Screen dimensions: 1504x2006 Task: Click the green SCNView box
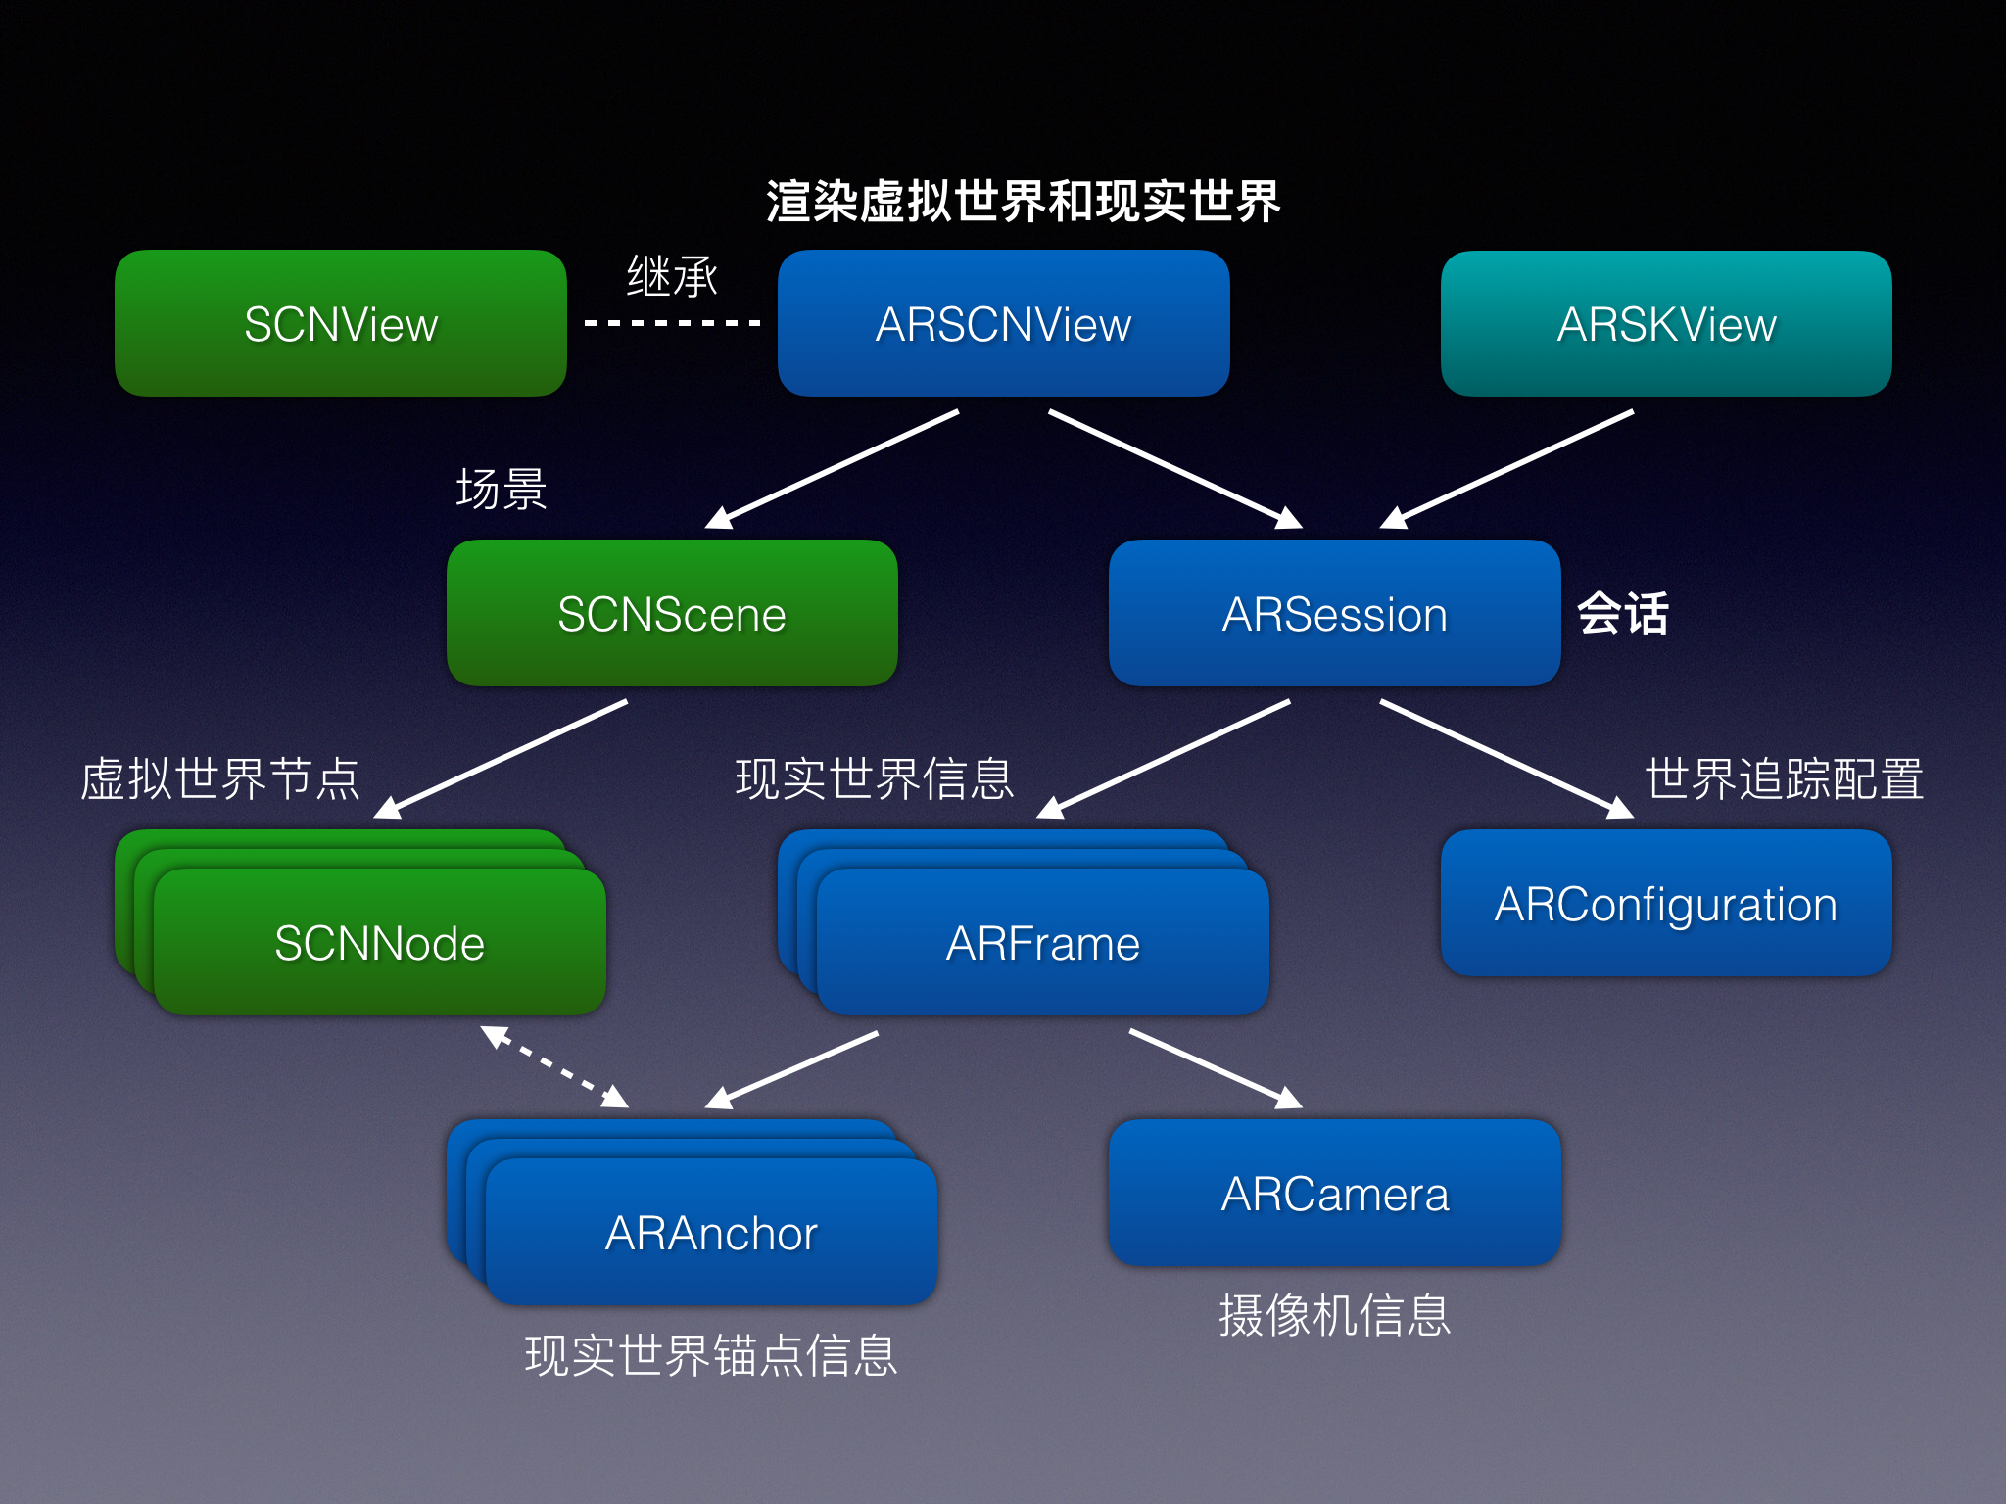click(x=341, y=323)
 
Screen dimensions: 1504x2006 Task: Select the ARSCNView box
click(x=1003, y=323)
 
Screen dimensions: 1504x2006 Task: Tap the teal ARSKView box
click(x=1666, y=323)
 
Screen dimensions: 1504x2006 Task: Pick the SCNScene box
click(x=672, y=613)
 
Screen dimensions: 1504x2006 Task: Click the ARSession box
click(x=1334, y=613)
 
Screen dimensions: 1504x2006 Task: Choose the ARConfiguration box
click(x=1666, y=903)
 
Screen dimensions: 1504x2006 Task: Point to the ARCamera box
click(x=1334, y=1193)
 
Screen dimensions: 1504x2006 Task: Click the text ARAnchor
click(x=711, y=1233)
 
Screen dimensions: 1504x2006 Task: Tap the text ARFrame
click(x=1043, y=943)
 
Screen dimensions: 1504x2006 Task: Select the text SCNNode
click(x=380, y=943)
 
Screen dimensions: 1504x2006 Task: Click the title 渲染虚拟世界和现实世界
click(x=1023, y=202)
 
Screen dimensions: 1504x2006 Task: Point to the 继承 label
click(x=672, y=276)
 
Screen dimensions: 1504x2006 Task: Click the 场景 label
click(x=501, y=489)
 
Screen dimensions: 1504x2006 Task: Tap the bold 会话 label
click(x=1622, y=614)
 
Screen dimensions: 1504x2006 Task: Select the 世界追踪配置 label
click(x=1784, y=779)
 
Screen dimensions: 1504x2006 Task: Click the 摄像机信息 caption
click(x=1334, y=1315)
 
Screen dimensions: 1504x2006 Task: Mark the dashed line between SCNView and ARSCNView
click(x=672, y=322)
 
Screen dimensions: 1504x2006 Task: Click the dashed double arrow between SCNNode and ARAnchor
click(x=554, y=1066)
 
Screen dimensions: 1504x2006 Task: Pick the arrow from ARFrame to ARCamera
click(x=1215, y=1068)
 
